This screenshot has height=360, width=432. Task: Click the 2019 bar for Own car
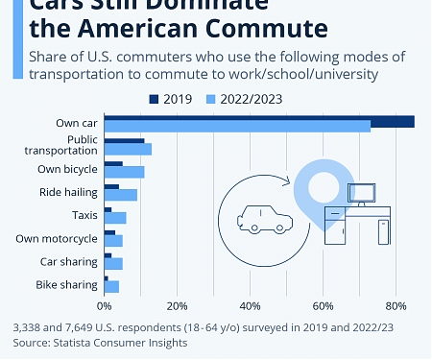259,121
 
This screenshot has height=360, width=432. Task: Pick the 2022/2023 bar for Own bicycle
124,172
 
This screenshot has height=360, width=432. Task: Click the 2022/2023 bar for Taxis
115,218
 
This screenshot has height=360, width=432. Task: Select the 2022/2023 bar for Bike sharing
111,286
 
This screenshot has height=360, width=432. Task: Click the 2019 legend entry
177,99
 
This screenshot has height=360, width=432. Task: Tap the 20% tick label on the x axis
177,306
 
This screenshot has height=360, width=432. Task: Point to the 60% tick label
323,306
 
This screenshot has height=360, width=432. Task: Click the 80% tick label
395,306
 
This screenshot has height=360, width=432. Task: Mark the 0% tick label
104,306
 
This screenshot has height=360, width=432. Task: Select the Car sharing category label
68,261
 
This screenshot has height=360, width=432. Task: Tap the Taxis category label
84,215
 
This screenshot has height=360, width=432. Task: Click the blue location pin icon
313,187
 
